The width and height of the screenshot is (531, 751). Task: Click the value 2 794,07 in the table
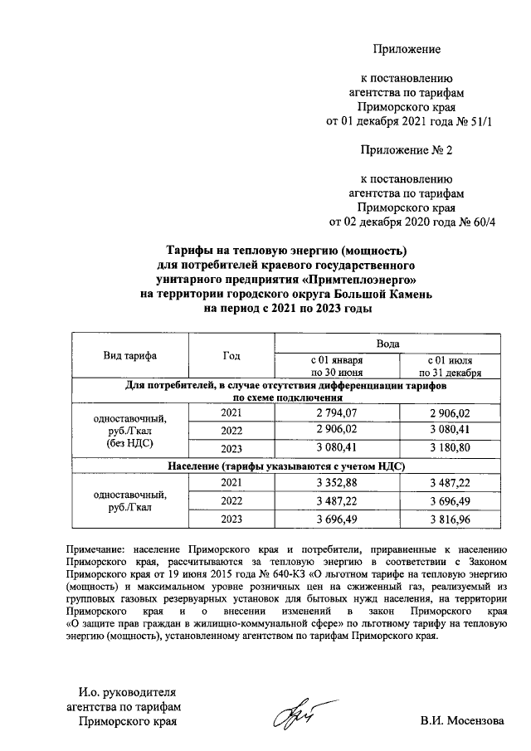tap(336, 413)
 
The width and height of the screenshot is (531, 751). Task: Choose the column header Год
tap(231, 356)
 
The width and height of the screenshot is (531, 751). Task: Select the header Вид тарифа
tap(130, 356)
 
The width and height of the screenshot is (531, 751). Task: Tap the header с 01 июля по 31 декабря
tap(449, 367)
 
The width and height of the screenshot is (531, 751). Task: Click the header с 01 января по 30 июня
tap(336, 367)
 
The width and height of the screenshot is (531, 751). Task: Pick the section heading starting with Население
tap(285, 467)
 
